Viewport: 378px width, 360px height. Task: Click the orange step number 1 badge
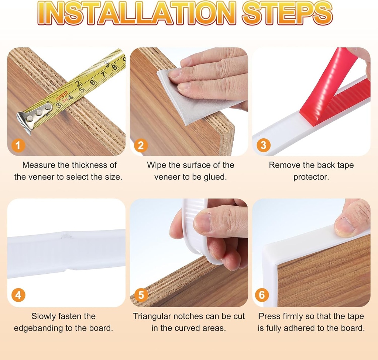click(18, 145)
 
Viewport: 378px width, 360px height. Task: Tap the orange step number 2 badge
click(141, 145)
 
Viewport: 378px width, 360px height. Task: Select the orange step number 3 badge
click(263, 145)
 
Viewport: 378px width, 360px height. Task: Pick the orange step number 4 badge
click(18, 295)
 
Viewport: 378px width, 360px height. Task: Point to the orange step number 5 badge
click(141, 295)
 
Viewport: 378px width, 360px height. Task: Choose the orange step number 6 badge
click(262, 295)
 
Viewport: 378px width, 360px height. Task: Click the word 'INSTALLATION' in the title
click(137, 13)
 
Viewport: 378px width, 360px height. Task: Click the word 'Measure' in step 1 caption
click(39, 165)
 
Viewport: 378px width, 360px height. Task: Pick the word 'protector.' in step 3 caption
click(311, 177)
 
